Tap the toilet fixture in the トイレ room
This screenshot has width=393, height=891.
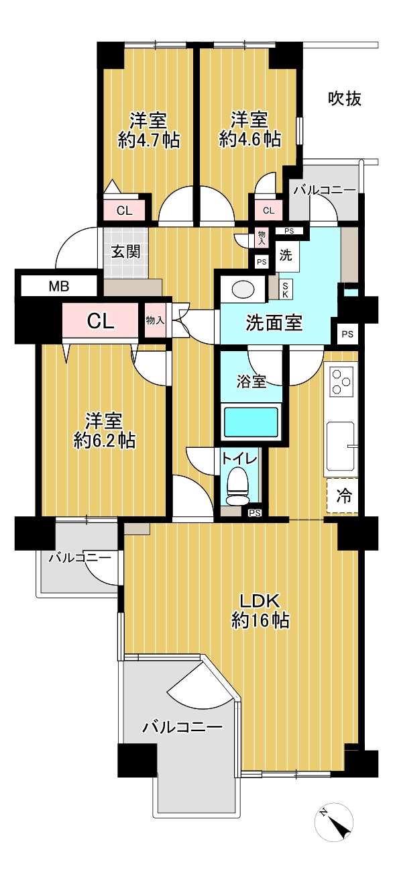[237, 485]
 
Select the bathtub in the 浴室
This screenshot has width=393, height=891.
[251, 422]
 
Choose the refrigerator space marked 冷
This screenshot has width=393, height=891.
[343, 496]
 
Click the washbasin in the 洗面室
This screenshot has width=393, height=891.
[242, 289]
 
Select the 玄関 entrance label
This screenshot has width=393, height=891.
[125, 251]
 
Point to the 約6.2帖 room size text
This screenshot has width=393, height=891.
[104, 440]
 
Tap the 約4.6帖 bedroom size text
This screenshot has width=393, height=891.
[250, 139]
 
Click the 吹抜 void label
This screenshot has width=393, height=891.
[345, 98]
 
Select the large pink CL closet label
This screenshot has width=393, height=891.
[101, 321]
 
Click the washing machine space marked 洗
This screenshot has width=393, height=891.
[286, 255]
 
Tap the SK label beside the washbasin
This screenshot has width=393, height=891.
[286, 289]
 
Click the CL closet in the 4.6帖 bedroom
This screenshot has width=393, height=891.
[268, 210]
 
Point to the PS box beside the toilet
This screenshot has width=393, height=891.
[255, 513]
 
